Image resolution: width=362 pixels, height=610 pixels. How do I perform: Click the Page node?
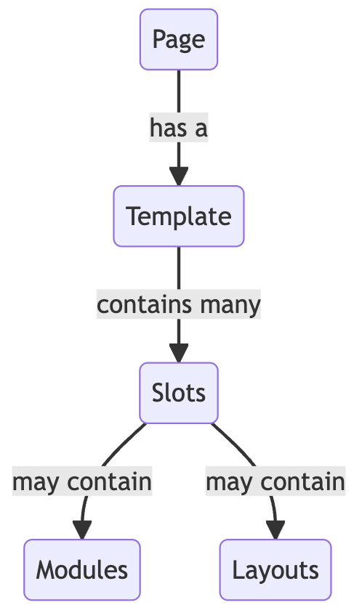click(179, 39)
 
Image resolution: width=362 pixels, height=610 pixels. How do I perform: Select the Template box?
click(179, 216)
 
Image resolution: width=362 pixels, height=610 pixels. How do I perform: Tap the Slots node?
click(179, 393)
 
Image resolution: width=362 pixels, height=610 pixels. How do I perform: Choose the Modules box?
click(81, 570)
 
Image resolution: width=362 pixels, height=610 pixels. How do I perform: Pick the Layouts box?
click(275, 570)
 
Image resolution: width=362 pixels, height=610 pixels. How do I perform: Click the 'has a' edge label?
click(179, 128)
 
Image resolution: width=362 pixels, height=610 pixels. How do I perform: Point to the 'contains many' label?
click(179, 304)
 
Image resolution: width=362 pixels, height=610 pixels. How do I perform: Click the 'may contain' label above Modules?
click(81, 481)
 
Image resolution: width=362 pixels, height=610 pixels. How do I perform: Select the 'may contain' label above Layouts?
click(275, 481)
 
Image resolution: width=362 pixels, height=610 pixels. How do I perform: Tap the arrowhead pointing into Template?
click(179, 176)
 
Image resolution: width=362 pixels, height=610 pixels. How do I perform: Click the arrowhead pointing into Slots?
click(179, 353)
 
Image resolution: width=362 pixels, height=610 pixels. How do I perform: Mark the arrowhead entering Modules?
click(81, 530)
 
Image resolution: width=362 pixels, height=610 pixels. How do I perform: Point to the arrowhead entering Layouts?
click(275, 530)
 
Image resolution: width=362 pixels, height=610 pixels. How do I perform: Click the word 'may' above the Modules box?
click(35, 483)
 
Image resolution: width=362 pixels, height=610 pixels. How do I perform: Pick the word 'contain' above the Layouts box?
click(303, 481)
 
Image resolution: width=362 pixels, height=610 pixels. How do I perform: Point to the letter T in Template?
click(133, 216)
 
